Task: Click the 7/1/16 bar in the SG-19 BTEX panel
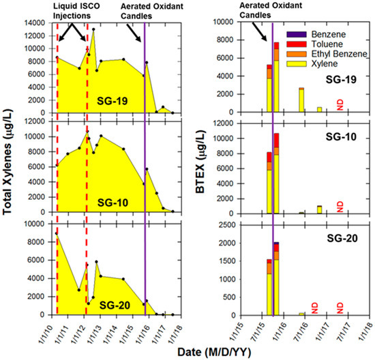pos(301,100)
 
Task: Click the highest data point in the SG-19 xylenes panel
pos(93,29)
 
